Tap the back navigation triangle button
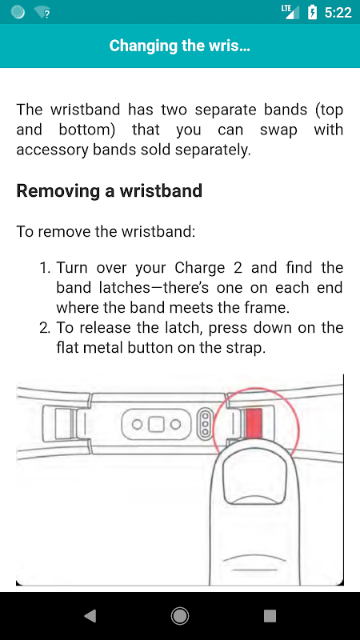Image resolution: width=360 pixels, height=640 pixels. click(90, 616)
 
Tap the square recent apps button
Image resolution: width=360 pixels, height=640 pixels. click(270, 616)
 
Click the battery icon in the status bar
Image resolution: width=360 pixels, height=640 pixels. click(312, 12)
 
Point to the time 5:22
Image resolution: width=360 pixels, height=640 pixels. click(338, 12)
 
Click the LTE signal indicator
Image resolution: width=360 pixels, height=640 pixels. click(290, 12)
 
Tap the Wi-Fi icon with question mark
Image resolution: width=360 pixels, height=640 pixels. click(42, 13)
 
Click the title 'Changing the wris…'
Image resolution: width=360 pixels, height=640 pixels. click(179, 46)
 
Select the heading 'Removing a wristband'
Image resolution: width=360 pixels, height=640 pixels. click(110, 190)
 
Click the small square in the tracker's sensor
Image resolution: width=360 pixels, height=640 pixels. click(156, 425)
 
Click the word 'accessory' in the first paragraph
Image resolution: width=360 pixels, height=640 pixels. click(49, 150)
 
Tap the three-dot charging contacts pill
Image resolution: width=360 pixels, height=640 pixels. click(206, 425)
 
